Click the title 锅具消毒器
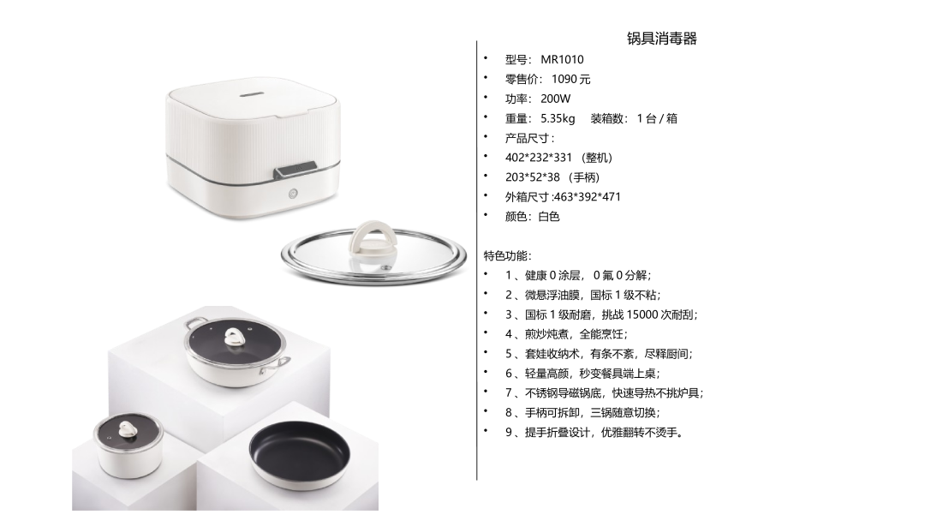click(661, 39)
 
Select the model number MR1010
click(562, 60)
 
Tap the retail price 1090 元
click(570, 79)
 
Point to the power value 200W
click(555, 99)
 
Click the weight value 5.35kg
click(558, 118)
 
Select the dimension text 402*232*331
click(539, 158)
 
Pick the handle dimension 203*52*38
click(532, 177)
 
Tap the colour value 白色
click(549, 217)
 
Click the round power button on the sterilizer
click(293, 194)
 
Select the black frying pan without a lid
click(300, 455)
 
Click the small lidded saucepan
click(128, 444)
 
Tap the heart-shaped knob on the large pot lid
click(236, 338)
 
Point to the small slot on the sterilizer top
click(253, 92)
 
